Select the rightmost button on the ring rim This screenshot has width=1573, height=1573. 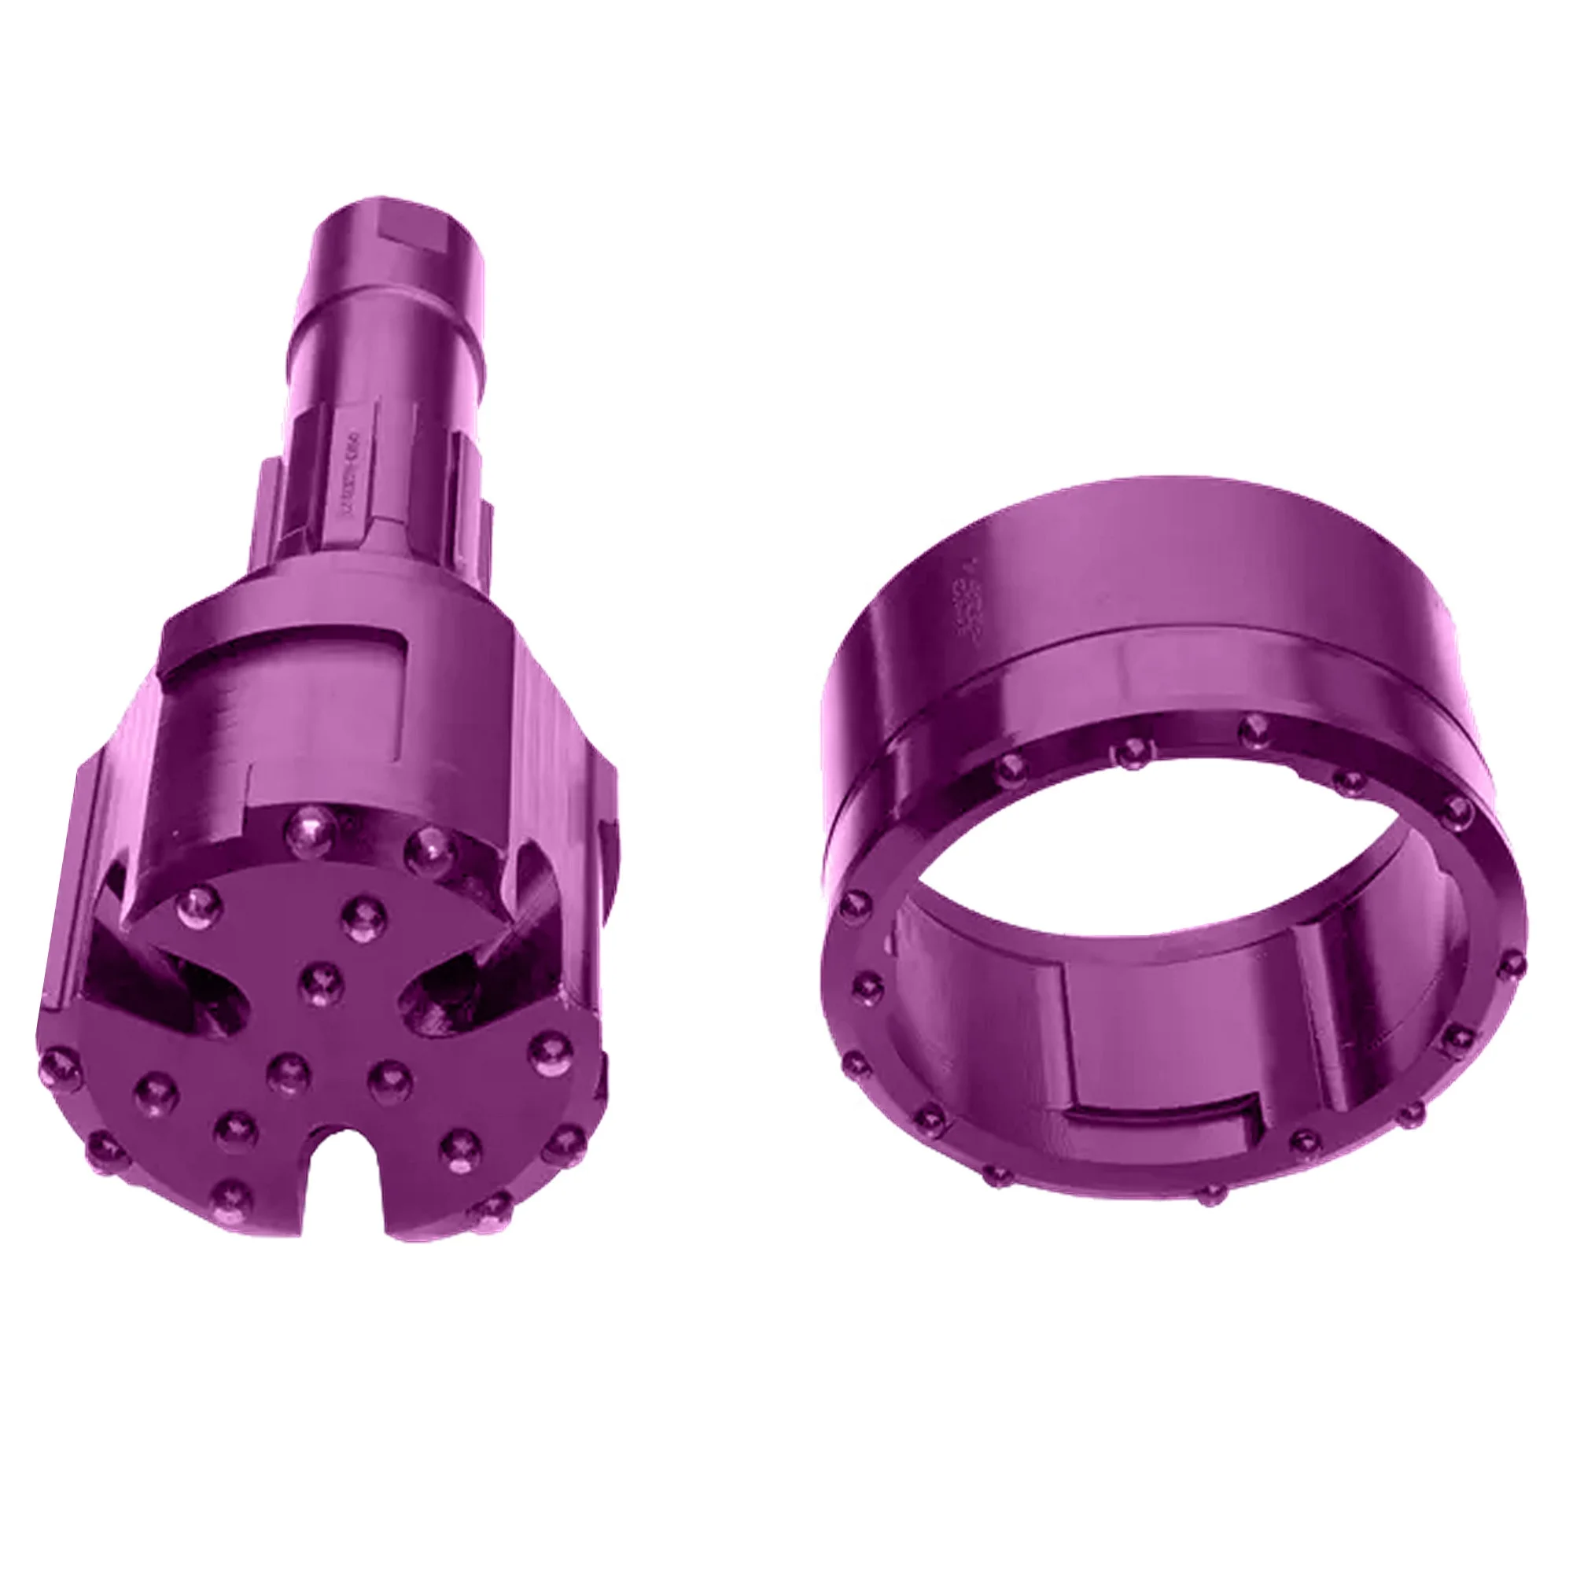point(1511,965)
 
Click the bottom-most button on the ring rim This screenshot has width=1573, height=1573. point(1212,1194)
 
